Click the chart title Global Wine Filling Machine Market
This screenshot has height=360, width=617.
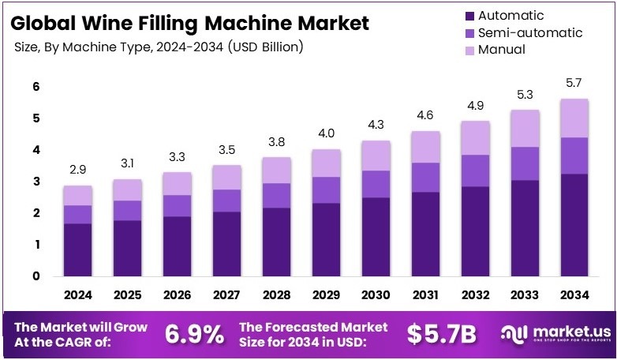(x=190, y=23)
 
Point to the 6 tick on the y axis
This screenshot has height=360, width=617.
(x=36, y=86)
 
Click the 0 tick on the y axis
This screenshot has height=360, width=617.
(x=36, y=276)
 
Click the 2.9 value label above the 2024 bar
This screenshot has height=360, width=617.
(x=79, y=171)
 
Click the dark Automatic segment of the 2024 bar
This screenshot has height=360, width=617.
(x=79, y=249)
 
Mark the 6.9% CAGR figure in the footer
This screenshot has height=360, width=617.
(x=194, y=334)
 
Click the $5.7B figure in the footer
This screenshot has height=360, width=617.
(x=442, y=334)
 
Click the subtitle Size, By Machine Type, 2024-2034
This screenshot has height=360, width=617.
(x=158, y=47)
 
